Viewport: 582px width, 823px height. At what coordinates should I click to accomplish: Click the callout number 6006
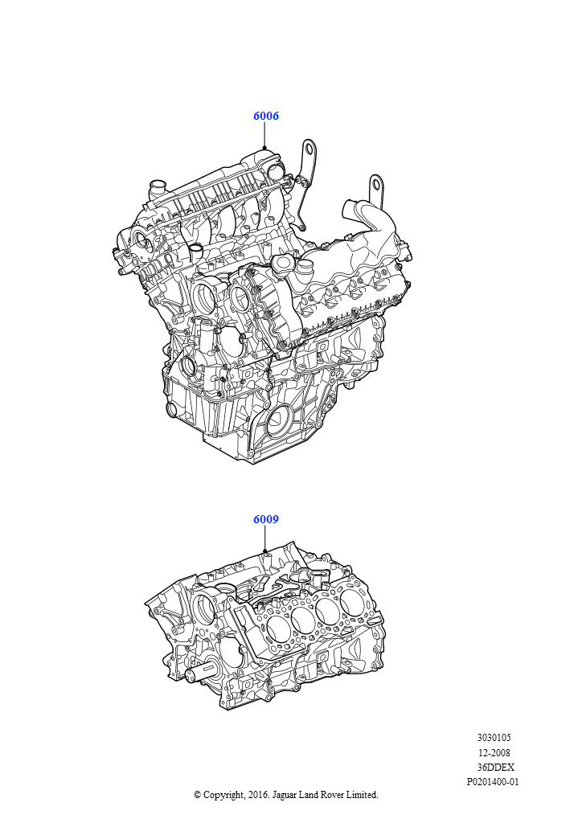pos(266,116)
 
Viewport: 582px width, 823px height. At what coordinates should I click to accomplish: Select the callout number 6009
pos(266,519)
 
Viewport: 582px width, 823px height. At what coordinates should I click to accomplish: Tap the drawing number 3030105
pos(494,738)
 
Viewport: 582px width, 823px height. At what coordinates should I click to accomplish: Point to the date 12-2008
pos(494,752)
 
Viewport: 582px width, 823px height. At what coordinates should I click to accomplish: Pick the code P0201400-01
pos(493,781)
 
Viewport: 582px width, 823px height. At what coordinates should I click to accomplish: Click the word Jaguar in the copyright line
pos(284,795)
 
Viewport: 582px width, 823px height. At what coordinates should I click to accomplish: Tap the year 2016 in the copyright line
pos(257,795)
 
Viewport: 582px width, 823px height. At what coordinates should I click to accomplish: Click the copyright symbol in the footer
pos(197,795)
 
